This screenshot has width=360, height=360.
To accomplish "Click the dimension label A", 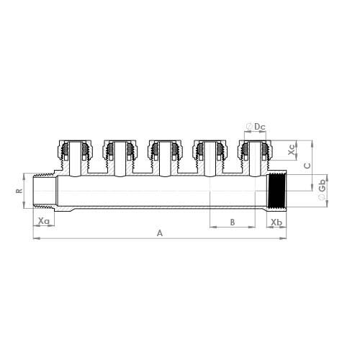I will pos(160,233).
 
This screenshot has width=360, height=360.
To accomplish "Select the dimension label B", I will pos(233,222).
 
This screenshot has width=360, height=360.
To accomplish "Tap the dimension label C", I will pos(307,165).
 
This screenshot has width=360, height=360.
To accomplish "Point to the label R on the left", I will pos(20,192).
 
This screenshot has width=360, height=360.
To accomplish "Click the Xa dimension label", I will pos(44,221).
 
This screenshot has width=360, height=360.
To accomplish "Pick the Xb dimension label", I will pos(276,222).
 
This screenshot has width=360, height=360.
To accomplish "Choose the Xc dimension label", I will pos(291,153).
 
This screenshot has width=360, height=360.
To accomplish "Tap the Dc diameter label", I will pos(260,127).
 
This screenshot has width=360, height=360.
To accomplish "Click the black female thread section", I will pos(276,192).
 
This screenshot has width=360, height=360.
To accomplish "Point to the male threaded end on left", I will pos(44,192).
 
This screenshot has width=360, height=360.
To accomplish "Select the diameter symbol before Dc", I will pos(249,127).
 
